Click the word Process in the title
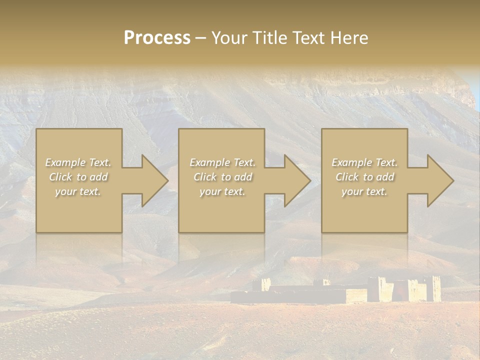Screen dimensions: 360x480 click(157, 38)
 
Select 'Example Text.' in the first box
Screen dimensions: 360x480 click(78, 162)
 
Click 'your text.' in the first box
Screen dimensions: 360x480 click(78, 191)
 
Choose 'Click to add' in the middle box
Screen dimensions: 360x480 click(222, 177)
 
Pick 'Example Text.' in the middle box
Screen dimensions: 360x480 click(222, 162)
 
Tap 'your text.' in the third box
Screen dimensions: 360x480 click(364, 191)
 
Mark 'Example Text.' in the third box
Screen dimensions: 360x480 click(364, 162)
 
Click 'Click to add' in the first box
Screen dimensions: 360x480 click(78, 177)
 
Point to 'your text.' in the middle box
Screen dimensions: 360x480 click(222, 191)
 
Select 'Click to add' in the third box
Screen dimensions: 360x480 click(364, 177)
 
